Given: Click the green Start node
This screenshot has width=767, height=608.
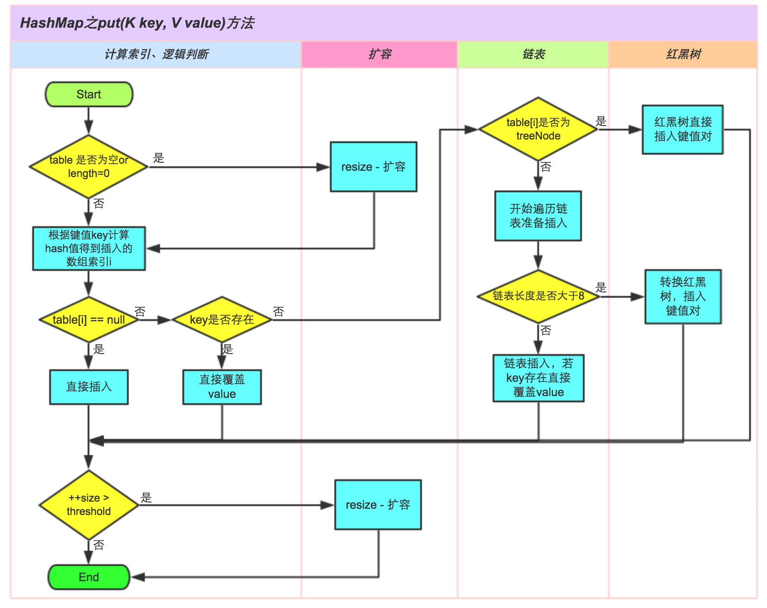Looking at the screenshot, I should tap(89, 94).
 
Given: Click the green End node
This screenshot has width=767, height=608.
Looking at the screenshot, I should tap(89, 577).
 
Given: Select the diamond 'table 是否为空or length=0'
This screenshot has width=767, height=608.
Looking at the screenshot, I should tap(89, 167).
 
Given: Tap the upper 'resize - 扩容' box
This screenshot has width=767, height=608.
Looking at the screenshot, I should tap(374, 167).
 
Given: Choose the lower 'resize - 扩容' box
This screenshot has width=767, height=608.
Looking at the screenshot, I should tap(378, 505).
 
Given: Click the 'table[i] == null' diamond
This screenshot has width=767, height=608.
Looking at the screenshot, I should tap(89, 320).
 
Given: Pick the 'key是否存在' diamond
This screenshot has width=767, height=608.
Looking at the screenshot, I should tap(222, 320).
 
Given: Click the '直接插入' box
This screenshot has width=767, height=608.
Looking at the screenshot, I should tap(89, 387).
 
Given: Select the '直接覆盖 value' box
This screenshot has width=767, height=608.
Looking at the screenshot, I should tap(222, 387).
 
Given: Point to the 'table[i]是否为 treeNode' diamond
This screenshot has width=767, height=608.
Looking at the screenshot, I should tap(538, 129).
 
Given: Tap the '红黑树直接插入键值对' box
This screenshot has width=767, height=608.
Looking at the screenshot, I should tap(683, 130).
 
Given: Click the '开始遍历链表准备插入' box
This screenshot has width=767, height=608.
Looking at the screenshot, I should tap(538, 216).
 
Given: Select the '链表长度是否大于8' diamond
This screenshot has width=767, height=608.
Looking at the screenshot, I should tap(538, 296).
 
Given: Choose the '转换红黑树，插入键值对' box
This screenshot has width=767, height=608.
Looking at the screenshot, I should tap(683, 296).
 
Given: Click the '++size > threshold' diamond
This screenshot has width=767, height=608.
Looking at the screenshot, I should tap(89, 505).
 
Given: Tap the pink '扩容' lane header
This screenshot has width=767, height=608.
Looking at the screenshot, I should tap(379, 55).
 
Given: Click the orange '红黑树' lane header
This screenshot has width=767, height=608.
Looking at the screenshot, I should tap(683, 55).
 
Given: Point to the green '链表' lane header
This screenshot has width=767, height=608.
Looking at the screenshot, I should tap(533, 55).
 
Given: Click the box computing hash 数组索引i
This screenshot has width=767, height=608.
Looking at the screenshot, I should tap(89, 248).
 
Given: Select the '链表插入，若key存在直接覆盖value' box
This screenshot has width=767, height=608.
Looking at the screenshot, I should tap(538, 378).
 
